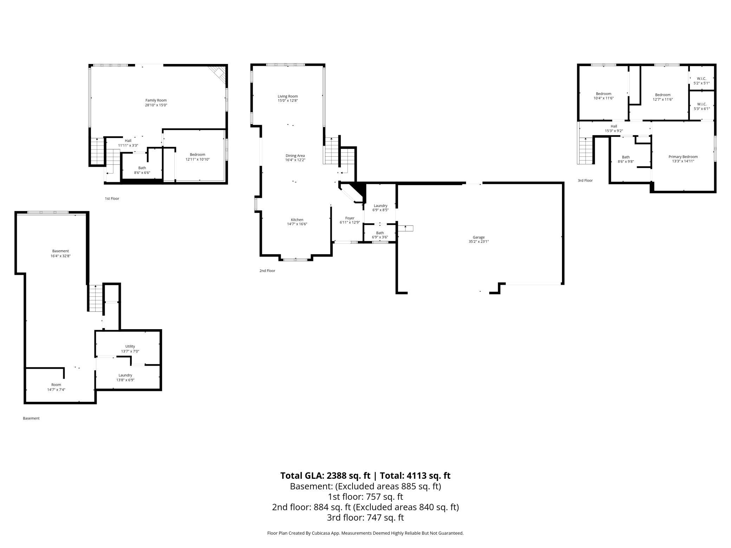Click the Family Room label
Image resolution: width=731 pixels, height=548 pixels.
coord(156,100)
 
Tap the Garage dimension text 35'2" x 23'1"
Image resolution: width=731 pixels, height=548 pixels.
coord(479,242)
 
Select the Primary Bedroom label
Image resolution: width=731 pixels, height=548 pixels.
coord(683,157)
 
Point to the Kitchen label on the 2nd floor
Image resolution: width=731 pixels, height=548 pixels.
coord(297,220)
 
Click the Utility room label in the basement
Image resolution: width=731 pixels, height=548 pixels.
coord(130,346)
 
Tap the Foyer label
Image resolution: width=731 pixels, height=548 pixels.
coord(350,218)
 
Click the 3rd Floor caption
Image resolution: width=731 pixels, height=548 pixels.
coord(585,181)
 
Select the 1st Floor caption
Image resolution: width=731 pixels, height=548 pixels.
coord(112,199)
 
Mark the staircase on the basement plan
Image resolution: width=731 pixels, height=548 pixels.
coord(95,298)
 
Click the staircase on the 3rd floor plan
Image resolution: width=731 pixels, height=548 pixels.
coord(585,151)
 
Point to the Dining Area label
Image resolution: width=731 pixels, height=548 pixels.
coord(295,156)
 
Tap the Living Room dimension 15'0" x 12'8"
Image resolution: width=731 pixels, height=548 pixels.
coord(288,101)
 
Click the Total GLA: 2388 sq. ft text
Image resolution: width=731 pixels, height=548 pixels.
coord(325,476)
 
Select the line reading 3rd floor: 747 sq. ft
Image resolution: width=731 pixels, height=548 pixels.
coord(365,517)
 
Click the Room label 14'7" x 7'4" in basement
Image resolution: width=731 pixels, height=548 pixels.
coord(56,385)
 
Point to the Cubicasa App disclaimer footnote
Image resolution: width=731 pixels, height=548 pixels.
coord(365,533)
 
